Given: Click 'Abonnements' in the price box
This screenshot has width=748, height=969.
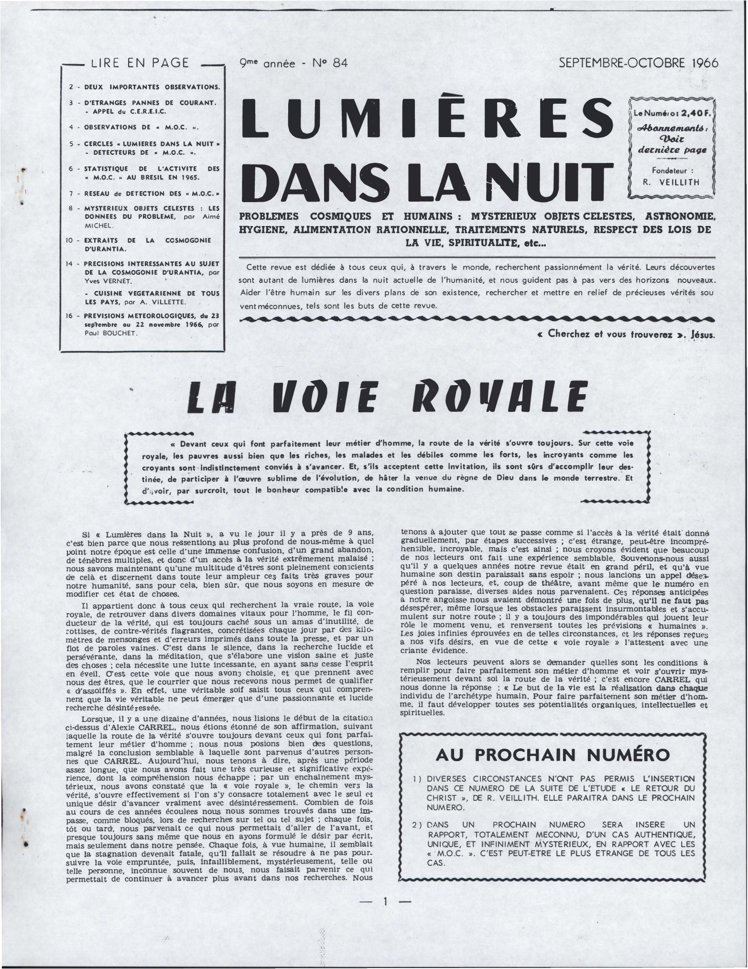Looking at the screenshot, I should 668,129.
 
